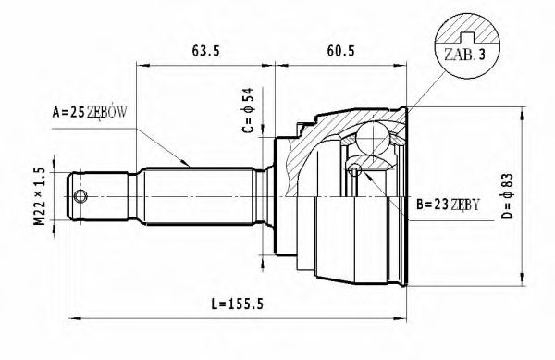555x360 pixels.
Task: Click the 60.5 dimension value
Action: coord(341,52)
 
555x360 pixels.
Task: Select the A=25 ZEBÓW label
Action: coord(89,112)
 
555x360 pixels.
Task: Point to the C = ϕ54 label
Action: coord(248,108)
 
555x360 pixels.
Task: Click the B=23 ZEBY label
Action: coord(449,205)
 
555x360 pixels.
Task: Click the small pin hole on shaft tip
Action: coord(81,197)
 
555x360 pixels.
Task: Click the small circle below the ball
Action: coord(354,168)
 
